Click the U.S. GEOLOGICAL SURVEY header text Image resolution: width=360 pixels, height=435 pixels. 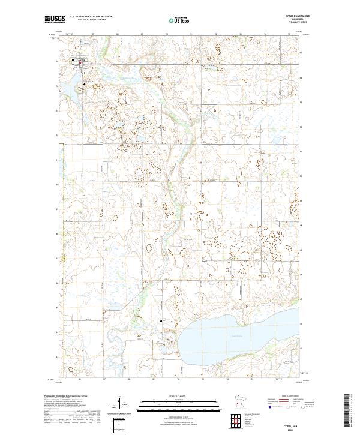click(x=87, y=20)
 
